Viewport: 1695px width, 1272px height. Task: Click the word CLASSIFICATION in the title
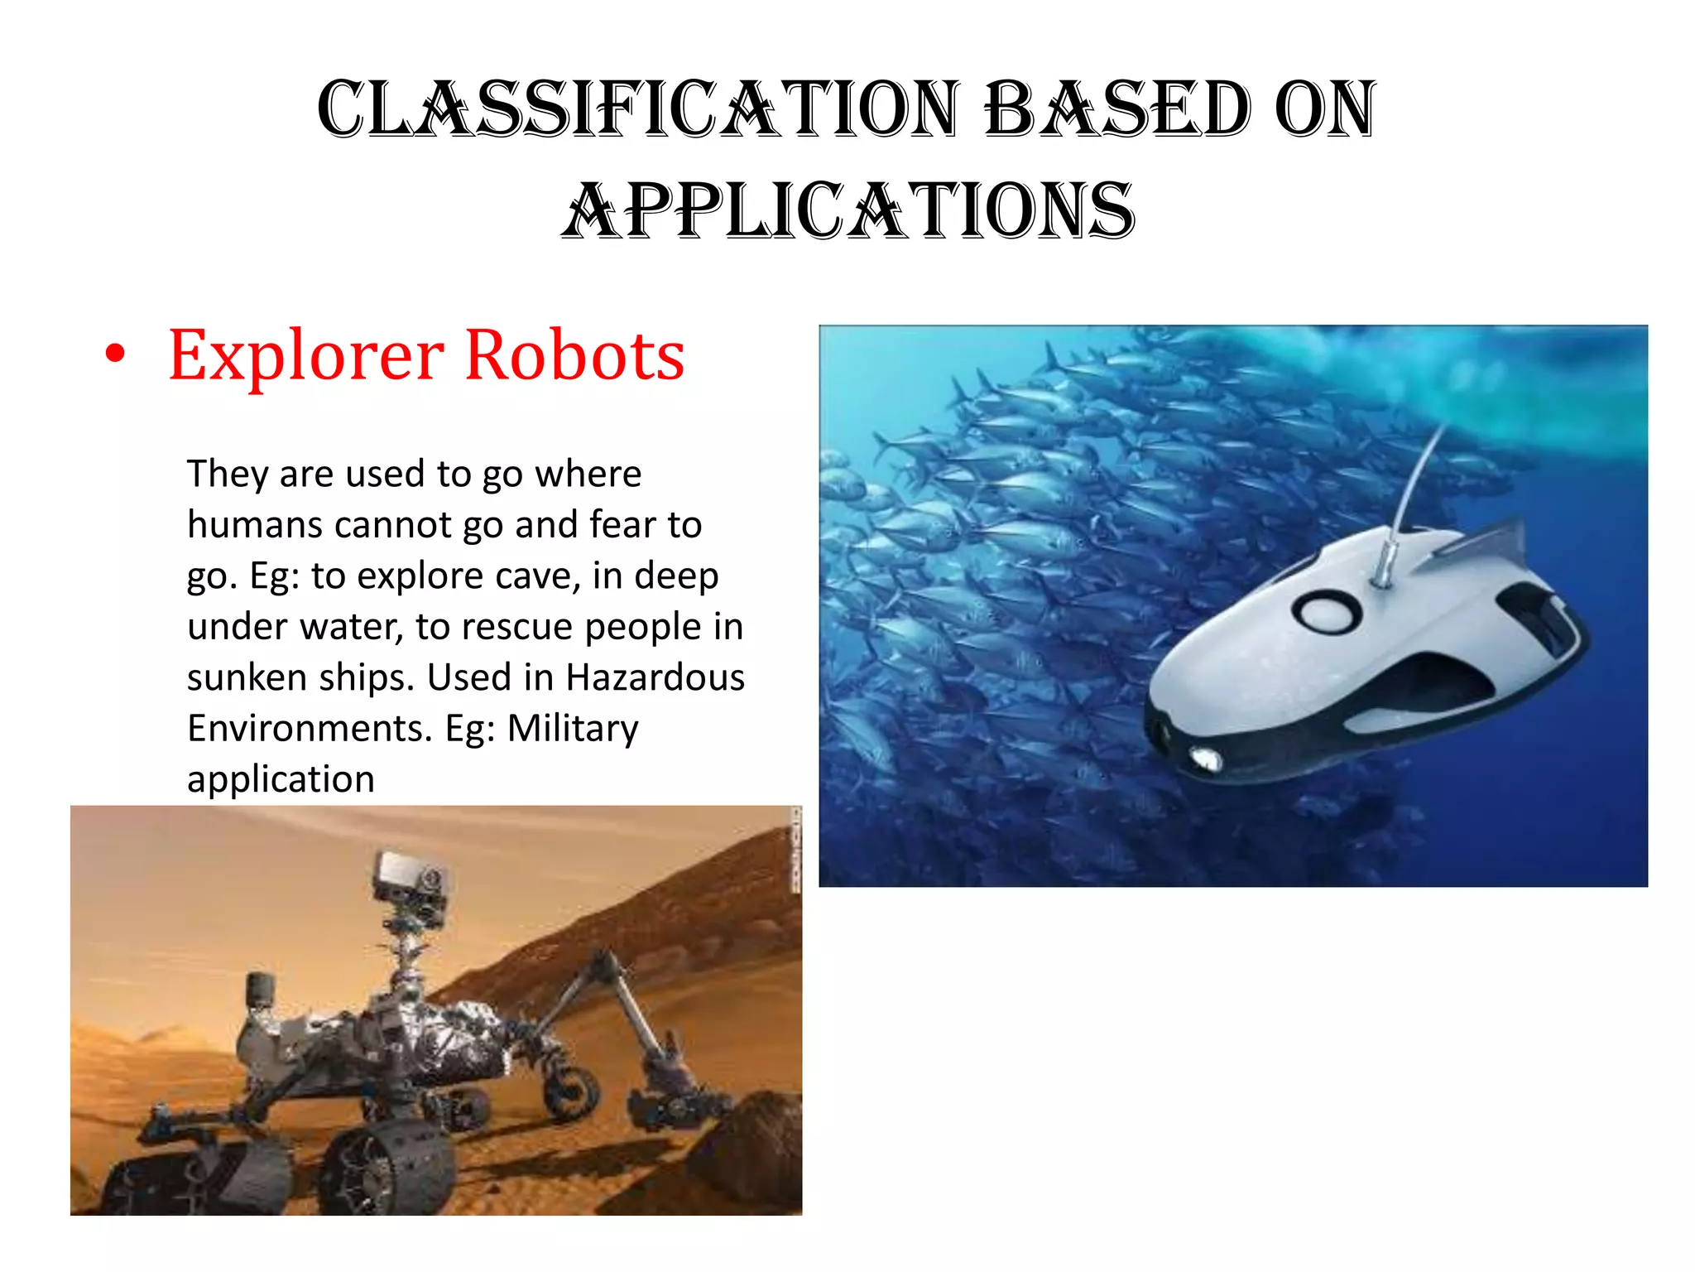(637, 109)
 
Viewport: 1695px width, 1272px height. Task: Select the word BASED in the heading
(1118, 109)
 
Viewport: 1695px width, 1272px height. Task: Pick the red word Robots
(574, 355)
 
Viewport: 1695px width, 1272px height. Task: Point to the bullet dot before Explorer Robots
(116, 354)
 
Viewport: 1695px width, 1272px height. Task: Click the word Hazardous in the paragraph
(655, 677)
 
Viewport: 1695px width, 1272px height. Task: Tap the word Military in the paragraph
(573, 729)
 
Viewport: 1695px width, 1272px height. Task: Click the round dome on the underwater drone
(1327, 614)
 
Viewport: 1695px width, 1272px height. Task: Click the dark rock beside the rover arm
(753, 1151)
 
